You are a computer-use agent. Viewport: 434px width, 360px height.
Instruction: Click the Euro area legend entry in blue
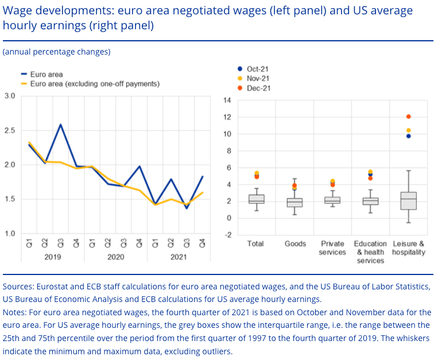(x=46, y=75)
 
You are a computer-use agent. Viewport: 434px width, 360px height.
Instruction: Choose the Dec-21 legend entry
(x=257, y=88)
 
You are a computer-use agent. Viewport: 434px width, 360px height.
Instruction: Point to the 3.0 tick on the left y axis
(x=10, y=96)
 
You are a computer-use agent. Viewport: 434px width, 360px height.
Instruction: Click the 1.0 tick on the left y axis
(x=10, y=234)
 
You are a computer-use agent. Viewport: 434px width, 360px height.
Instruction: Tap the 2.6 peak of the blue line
(x=61, y=125)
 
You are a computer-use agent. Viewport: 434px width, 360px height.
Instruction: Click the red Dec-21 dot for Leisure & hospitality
(x=408, y=117)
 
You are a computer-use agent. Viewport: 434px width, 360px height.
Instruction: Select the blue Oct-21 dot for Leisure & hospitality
(x=408, y=136)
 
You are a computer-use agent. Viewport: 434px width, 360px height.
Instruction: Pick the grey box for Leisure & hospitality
(x=408, y=201)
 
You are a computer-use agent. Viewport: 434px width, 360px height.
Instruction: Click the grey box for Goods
(x=294, y=203)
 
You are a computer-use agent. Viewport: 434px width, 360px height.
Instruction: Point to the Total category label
(x=255, y=244)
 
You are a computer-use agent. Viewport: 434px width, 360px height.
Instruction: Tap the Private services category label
(x=332, y=248)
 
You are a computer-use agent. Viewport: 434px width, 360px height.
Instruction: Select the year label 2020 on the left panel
(x=116, y=257)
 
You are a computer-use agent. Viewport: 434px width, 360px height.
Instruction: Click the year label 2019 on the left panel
(x=52, y=257)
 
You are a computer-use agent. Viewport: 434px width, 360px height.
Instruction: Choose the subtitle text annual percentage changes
(x=56, y=52)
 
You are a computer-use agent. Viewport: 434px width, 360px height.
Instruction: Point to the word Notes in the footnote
(x=14, y=312)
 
